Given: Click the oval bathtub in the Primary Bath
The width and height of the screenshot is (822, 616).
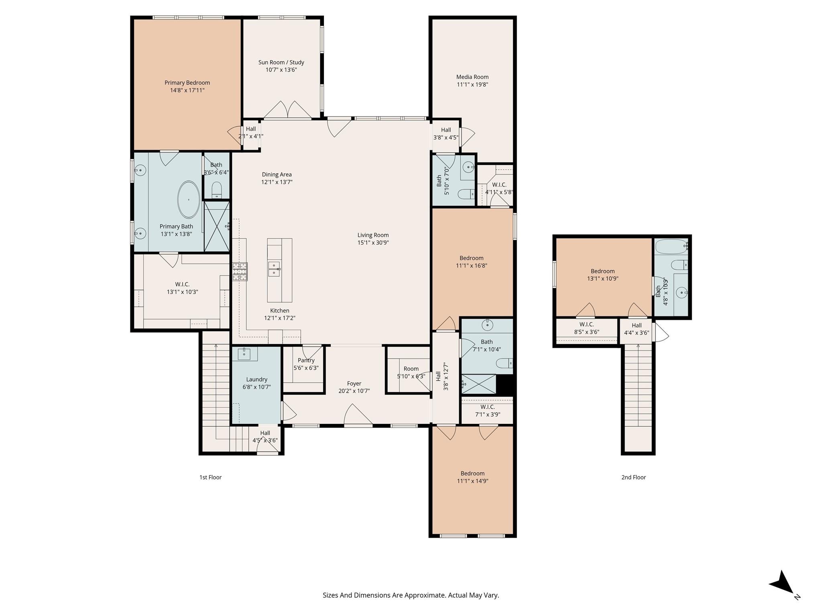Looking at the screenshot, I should [188, 199].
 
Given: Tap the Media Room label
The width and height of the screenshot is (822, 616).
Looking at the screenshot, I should [472, 77].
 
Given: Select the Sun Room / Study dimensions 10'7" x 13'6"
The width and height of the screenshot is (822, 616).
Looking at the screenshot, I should [281, 70].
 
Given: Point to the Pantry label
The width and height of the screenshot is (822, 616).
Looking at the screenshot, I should [306, 360].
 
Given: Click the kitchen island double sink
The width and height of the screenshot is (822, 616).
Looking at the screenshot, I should [274, 269].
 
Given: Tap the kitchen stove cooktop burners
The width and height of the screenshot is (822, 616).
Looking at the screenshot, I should [240, 271].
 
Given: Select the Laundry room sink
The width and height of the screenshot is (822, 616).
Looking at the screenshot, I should [244, 354].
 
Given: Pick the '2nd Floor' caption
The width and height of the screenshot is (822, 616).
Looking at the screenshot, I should [633, 477].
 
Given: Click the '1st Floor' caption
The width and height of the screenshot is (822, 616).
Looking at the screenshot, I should [210, 477].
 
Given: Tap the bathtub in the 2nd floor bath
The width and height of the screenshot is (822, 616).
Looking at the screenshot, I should [671, 246].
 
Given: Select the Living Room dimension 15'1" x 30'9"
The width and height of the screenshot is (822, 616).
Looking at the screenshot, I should [373, 243].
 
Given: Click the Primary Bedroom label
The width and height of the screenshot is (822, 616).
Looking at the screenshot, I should [187, 83].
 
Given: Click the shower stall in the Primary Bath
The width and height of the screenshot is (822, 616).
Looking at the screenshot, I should [217, 227].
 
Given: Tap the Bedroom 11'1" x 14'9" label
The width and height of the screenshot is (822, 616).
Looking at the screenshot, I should [472, 473].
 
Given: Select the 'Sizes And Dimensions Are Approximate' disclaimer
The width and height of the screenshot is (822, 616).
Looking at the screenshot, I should [411, 595].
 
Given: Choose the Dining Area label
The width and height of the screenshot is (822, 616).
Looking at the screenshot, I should [277, 174].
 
